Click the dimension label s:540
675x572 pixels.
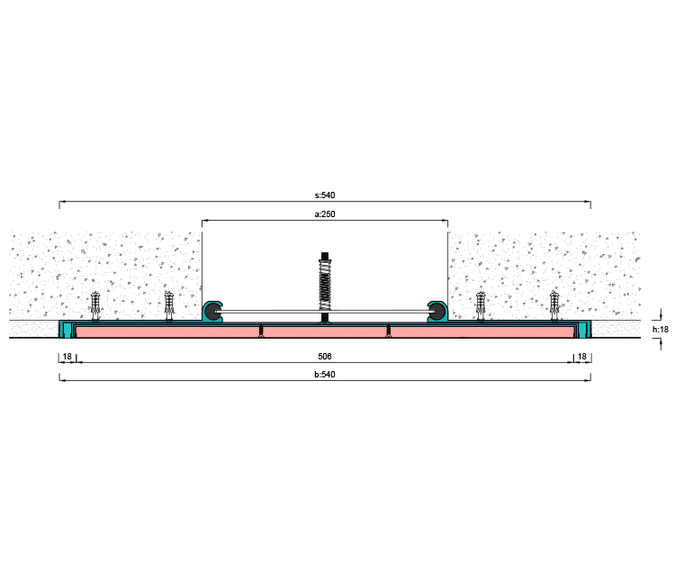tap(325, 195)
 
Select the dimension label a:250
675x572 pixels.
tap(325, 214)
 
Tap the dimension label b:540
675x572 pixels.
tap(325, 375)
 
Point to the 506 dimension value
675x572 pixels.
tap(325, 356)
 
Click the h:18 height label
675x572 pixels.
tap(661, 330)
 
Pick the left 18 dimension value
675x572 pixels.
tap(67, 356)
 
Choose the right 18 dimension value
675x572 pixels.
tap(582, 356)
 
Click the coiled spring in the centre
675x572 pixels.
tap(325, 285)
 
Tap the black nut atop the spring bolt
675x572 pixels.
tap(325, 256)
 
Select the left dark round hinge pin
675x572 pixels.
tap(214, 312)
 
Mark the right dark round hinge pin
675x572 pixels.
tap(436, 312)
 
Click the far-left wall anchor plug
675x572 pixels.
tap(95, 306)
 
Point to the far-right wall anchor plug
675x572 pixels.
tap(554, 306)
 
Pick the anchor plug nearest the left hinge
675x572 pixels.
tap(169, 306)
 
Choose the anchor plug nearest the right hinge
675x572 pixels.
tap(481, 306)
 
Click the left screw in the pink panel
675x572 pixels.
tap(261, 330)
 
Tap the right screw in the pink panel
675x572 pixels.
tap(388, 330)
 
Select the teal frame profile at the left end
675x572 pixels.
tap(67, 330)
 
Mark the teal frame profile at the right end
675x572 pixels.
tap(582, 330)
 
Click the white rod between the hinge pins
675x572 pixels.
tap(325, 312)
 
